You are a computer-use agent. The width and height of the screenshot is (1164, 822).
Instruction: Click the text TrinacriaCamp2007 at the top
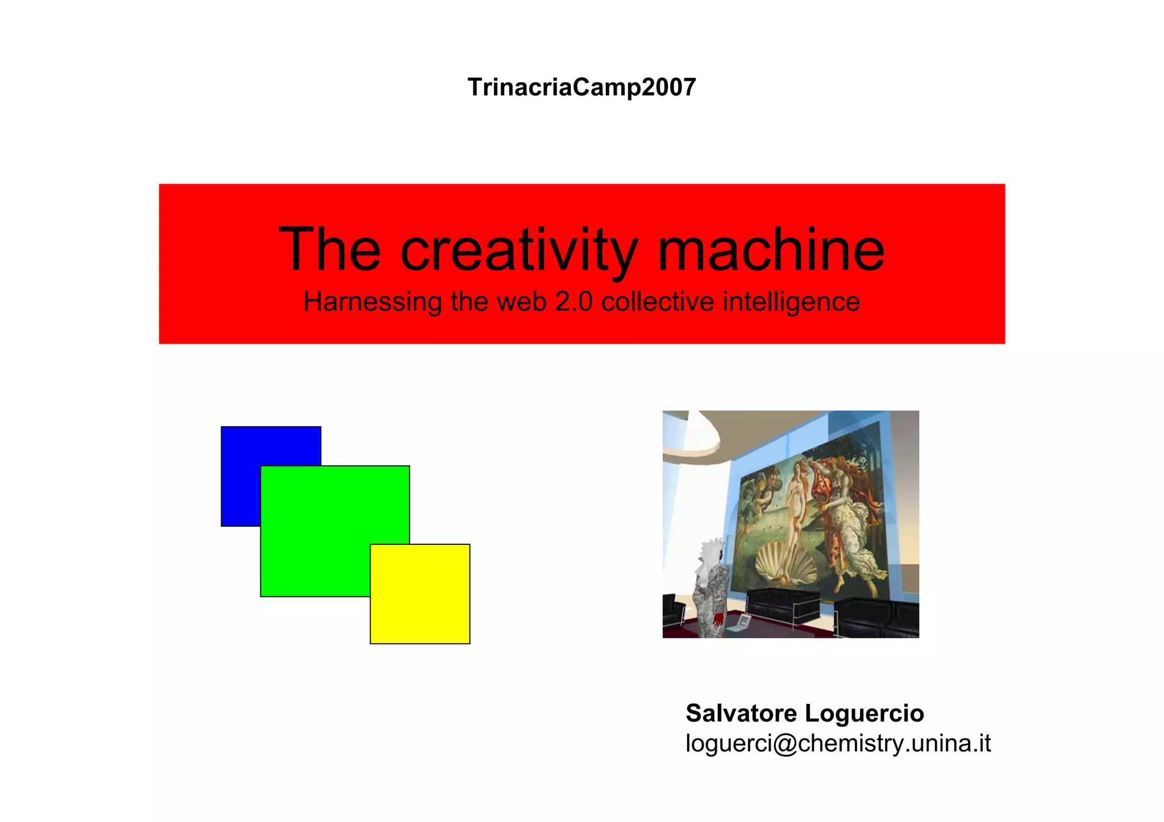click(x=581, y=87)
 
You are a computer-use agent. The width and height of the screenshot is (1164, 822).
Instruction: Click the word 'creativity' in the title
click(x=519, y=251)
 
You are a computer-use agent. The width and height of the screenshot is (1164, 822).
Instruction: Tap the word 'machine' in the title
click(x=771, y=249)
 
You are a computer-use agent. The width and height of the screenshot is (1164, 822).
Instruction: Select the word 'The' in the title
click(x=330, y=249)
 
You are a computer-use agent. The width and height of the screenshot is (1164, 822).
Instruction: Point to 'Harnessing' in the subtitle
click(x=372, y=302)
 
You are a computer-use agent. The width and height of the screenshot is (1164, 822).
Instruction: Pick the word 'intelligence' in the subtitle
click(x=791, y=302)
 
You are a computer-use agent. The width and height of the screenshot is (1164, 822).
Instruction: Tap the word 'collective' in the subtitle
click(x=658, y=302)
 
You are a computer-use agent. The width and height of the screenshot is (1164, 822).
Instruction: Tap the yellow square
click(x=420, y=594)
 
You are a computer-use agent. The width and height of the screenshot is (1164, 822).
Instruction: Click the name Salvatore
click(x=741, y=713)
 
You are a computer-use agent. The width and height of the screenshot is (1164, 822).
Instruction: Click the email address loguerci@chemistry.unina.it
click(x=838, y=743)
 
